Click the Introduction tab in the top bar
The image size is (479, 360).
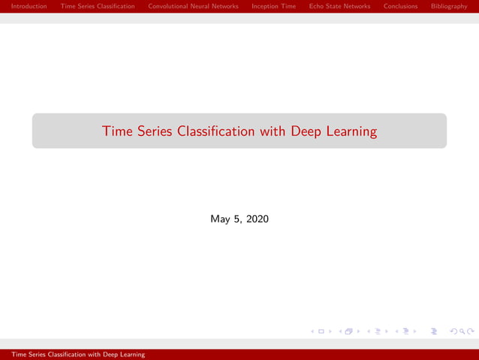(x=29, y=6)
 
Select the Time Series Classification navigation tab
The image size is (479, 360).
(x=98, y=6)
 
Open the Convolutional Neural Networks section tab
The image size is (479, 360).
(x=193, y=6)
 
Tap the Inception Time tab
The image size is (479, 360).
(x=273, y=6)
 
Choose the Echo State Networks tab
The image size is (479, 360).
(x=339, y=6)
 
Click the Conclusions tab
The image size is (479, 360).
(x=400, y=6)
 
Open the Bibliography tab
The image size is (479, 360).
(x=449, y=6)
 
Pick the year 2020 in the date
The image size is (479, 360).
(x=257, y=219)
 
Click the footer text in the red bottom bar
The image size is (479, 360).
(x=73, y=354)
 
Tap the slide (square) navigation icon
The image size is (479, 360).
(x=321, y=331)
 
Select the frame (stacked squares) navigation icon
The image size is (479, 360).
(x=348, y=331)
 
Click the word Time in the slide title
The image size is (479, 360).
(x=117, y=132)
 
